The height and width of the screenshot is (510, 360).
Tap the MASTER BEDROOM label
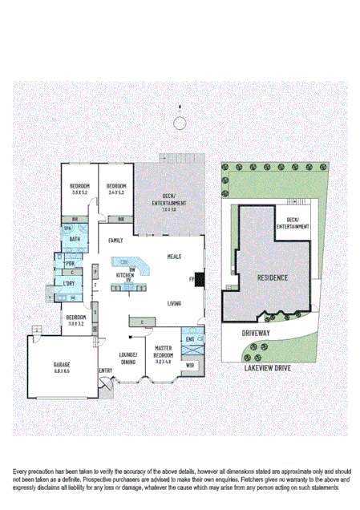[164, 351]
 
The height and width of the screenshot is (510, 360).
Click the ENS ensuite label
[190, 338]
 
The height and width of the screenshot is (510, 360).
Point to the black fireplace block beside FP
[199, 279]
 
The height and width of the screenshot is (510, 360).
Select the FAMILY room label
[116, 240]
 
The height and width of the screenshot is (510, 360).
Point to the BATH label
[75, 239]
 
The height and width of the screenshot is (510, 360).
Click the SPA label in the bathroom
[68, 229]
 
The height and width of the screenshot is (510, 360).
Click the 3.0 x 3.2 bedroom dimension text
[75, 323]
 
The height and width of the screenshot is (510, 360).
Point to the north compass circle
[180, 122]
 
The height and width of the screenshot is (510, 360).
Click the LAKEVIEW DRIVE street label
[269, 368]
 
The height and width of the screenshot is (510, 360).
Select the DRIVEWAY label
[258, 330]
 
